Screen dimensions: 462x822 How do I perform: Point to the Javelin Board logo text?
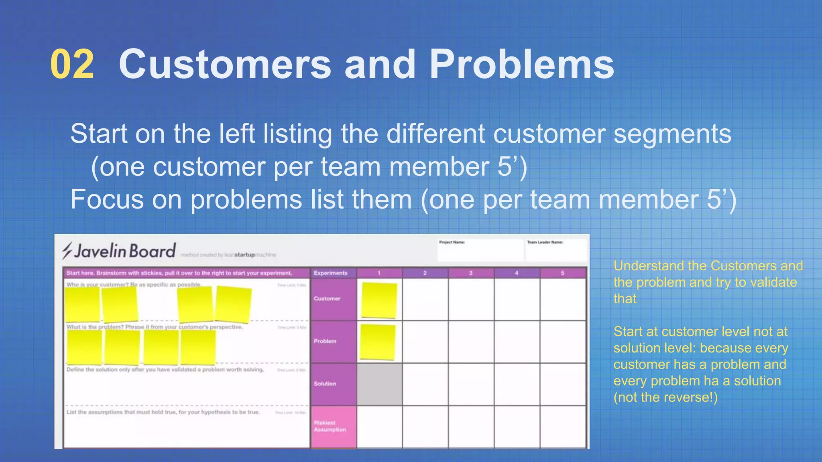click(125, 251)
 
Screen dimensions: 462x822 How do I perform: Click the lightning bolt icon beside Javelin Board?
click(67, 251)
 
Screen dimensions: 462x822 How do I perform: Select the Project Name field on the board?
click(480, 251)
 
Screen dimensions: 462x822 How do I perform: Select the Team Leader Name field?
click(556, 251)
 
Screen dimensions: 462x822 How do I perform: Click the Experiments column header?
click(331, 273)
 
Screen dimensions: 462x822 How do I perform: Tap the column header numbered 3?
click(471, 273)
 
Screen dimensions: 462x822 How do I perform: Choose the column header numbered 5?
click(562, 273)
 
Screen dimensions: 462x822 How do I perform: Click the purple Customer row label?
click(327, 299)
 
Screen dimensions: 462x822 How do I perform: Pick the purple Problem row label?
click(325, 341)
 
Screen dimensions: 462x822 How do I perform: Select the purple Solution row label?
click(325, 384)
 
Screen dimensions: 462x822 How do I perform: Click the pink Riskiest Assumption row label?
click(330, 426)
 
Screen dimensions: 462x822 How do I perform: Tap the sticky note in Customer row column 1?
click(379, 300)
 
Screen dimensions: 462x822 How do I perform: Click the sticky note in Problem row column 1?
click(378, 342)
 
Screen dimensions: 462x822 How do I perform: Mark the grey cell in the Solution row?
click(379, 384)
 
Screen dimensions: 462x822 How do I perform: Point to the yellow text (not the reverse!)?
click(665, 397)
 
